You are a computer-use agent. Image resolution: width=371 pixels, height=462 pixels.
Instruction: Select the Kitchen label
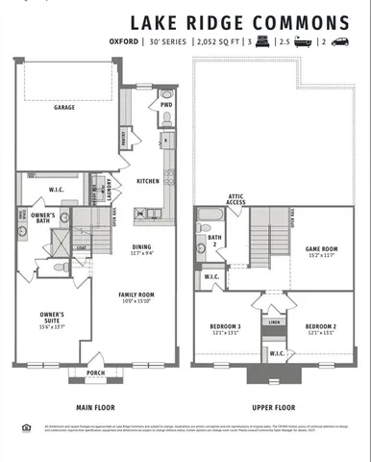click(148, 181)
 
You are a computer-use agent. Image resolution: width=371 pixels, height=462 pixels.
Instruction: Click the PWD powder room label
click(166, 105)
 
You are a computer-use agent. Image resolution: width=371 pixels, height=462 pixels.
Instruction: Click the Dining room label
click(141, 247)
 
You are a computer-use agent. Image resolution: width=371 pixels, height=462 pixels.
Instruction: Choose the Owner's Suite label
click(52, 317)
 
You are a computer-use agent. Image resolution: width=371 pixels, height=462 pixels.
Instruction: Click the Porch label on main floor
click(95, 372)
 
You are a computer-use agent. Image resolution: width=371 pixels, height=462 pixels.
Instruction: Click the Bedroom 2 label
click(321, 327)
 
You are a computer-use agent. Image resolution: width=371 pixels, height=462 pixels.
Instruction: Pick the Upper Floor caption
click(272, 406)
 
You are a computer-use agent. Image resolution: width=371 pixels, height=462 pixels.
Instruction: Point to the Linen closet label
click(274, 322)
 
